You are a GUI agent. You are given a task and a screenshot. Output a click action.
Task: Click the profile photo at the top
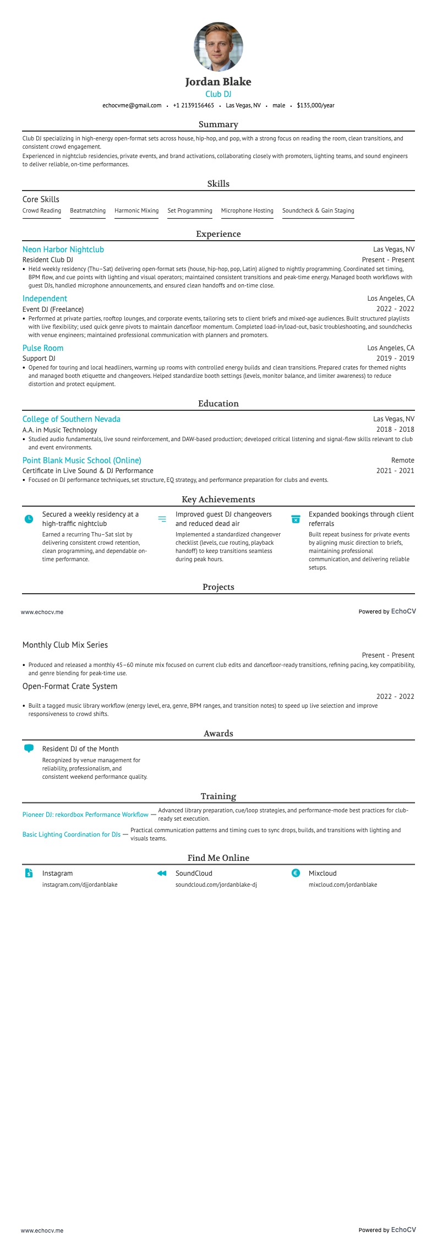coord(218,47)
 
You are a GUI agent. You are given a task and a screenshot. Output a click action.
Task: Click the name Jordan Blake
coord(218,82)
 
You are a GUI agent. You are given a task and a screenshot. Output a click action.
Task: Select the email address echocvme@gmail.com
coord(132,105)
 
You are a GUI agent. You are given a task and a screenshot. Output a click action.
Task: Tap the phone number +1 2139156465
coord(193,105)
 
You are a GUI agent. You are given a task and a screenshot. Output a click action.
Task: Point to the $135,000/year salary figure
coord(315,105)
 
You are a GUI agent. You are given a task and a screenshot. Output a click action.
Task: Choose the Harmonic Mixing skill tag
coord(136,210)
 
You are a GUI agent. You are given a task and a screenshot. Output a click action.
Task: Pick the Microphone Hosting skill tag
coord(247,210)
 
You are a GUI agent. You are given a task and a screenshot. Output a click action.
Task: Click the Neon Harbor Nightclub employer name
coord(63,249)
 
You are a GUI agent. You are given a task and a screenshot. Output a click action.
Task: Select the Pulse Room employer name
coord(43,348)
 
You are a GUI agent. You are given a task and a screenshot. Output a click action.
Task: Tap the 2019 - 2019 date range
coord(395,358)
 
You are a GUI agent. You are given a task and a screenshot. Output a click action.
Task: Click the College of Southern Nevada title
coord(72,419)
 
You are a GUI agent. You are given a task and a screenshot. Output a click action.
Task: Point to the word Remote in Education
coord(402,460)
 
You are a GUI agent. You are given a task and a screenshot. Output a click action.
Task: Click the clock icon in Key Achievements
coord(29,519)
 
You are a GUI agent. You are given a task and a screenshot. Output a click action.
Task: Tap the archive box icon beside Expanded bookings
coord(296,519)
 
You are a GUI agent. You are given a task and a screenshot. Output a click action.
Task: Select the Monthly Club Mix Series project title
coord(65,645)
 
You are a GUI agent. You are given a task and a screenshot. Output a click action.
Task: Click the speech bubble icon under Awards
coord(29,748)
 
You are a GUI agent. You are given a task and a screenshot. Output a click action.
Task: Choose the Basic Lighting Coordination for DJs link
coord(72,834)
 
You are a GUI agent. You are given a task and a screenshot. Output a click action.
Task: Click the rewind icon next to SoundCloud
coord(162,873)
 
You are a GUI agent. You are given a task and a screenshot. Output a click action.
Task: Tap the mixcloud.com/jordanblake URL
coord(343,885)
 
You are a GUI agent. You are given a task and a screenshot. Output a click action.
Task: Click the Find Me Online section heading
coord(218,858)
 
